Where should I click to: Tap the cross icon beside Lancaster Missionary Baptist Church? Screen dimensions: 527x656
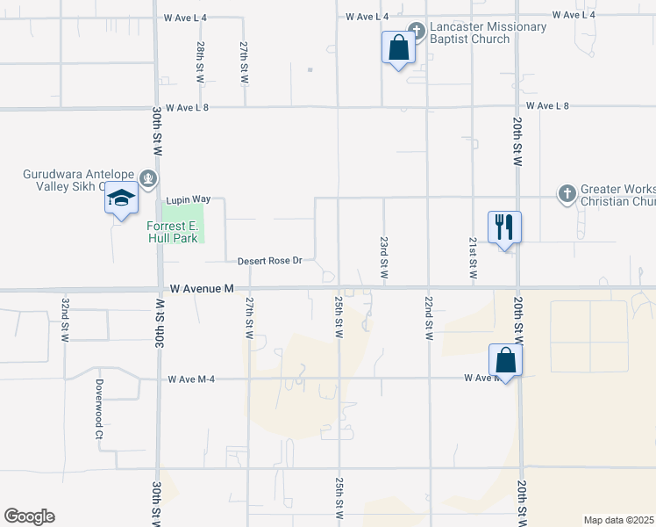coord(417,32)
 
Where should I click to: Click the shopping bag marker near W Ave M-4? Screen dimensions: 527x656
coord(505,358)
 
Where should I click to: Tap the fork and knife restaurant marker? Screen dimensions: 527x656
coord(504,227)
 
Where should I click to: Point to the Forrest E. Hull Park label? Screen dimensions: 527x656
coord(172,232)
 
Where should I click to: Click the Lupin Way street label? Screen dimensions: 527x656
coord(185,200)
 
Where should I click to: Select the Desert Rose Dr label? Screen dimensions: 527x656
coord(269,261)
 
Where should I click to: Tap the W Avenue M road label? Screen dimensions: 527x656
coord(203,288)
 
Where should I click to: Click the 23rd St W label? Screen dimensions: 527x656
coord(384,257)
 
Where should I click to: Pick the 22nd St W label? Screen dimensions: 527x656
coord(428,319)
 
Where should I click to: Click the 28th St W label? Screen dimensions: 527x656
coord(201,62)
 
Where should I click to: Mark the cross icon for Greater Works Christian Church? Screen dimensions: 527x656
coord(567,192)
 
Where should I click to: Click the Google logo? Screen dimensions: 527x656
coord(30,516)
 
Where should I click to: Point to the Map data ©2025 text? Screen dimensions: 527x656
coord(618,520)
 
